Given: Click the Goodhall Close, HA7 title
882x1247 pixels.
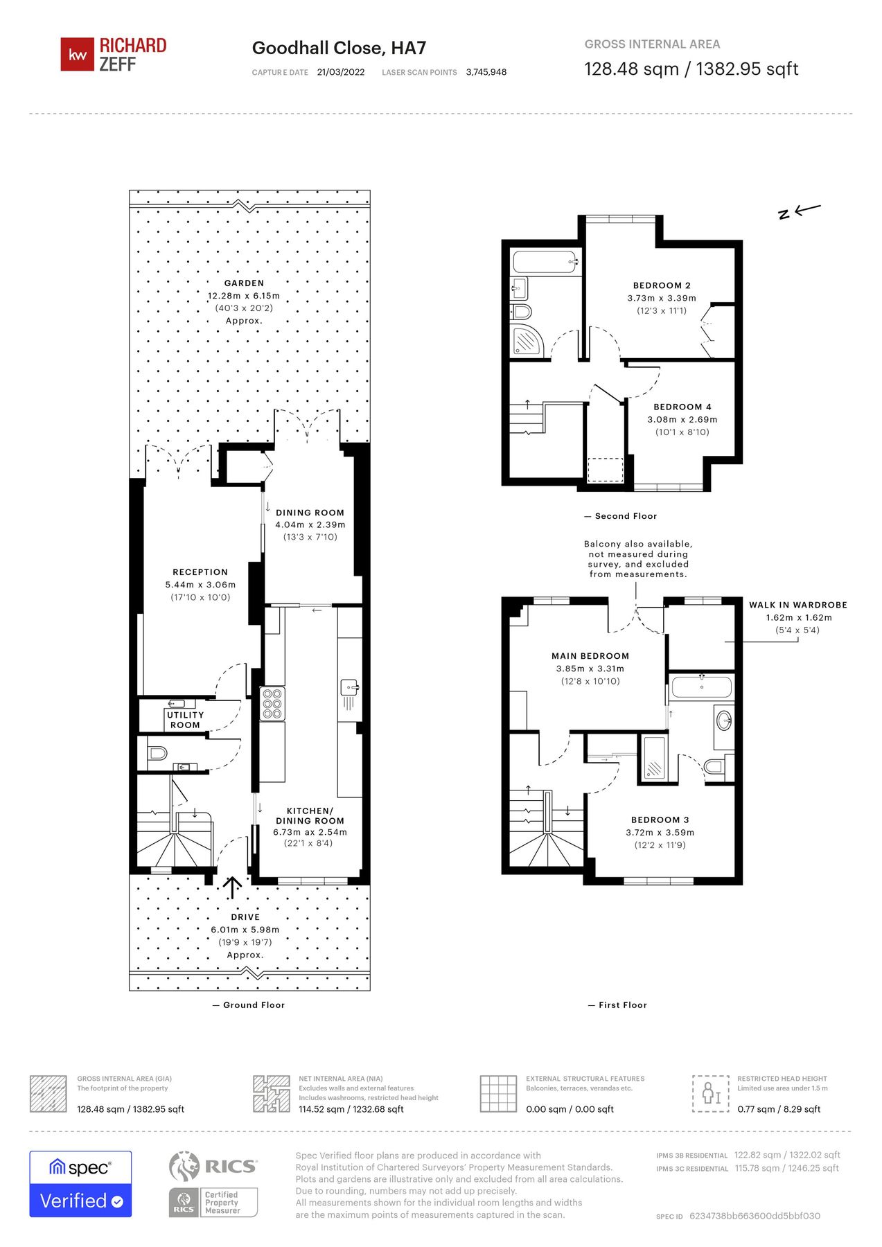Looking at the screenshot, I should [339, 48].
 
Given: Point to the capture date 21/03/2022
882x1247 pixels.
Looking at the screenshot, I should [340, 72].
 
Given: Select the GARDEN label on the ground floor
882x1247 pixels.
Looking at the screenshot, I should [244, 283].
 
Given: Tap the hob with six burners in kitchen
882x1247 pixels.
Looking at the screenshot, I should [272, 704].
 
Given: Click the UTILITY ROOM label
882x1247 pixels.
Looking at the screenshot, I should [185, 720].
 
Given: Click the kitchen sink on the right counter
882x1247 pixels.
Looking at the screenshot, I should [349, 688].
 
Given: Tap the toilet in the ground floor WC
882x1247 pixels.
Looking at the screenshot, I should [157, 752].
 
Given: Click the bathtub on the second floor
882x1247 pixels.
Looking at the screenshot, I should [545, 263].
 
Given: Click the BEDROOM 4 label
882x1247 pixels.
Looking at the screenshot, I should [682, 407].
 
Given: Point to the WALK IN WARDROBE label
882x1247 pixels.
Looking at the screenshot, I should [797, 605].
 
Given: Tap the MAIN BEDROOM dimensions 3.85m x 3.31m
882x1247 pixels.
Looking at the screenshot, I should [590, 669].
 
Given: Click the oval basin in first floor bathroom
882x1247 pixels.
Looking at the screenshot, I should [725, 719].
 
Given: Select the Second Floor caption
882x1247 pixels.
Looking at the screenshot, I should [625, 516].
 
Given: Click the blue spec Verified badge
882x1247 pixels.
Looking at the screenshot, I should [80, 1184].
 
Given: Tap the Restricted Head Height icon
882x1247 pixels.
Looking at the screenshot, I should [711, 1093].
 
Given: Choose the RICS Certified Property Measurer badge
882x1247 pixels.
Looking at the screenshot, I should [213, 1202].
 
